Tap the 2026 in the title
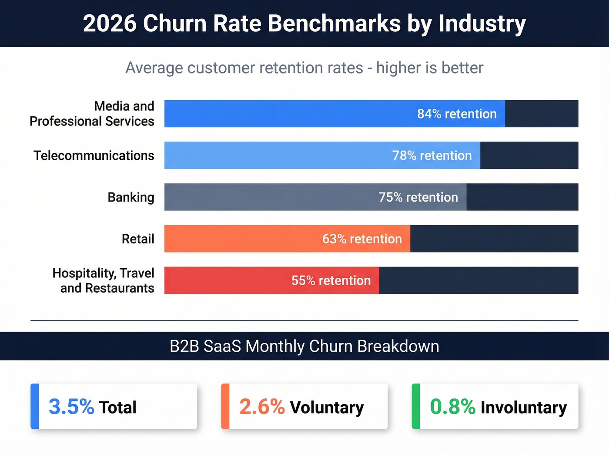point(110,24)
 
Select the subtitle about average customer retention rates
point(304,68)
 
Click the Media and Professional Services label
point(92,114)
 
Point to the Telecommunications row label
point(94,155)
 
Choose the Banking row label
point(131,197)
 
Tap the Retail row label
point(138,239)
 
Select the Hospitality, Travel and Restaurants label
point(104,280)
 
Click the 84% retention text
point(457,114)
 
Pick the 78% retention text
point(432,155)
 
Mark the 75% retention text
point(418,197)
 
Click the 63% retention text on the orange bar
point(362,239)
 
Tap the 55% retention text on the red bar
point(331,280)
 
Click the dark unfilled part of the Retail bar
point(494,239)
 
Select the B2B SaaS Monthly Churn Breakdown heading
point(304,346)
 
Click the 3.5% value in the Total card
point(71,407)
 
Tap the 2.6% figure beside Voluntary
point(262,407)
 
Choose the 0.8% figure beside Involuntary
point(452,407)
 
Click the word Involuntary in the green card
point(524,408)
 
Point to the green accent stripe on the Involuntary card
point(416,406)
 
